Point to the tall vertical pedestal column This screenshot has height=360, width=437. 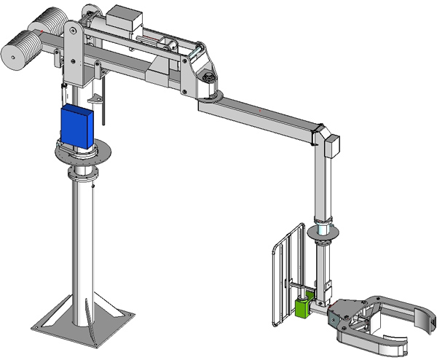point(83,240)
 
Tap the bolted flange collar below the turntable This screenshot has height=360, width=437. point(82,176)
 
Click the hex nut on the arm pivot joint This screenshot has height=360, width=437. point(208,77)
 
